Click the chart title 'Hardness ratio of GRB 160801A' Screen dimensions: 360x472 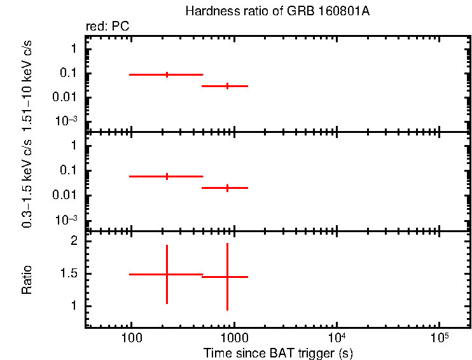[277, 11]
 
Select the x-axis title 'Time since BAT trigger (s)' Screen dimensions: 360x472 [278, 352]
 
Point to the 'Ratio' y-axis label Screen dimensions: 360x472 [27, 280]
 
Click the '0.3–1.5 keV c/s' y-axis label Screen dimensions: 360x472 [27, 182]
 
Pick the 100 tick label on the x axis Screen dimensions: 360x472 [131, 337]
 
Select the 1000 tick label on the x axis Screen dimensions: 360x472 [234, 337]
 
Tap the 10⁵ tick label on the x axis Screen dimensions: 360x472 [439, 336]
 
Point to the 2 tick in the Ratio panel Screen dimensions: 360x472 [74, 242]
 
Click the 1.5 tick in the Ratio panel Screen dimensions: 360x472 [69, 274]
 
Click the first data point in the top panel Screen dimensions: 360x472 [167, 74]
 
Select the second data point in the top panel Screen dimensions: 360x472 [228, 85]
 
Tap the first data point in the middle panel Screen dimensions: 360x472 [167, 176]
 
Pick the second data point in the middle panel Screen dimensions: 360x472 [228, 188]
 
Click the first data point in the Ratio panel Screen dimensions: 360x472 [167, 274]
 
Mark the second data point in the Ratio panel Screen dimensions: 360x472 [228, 277]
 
